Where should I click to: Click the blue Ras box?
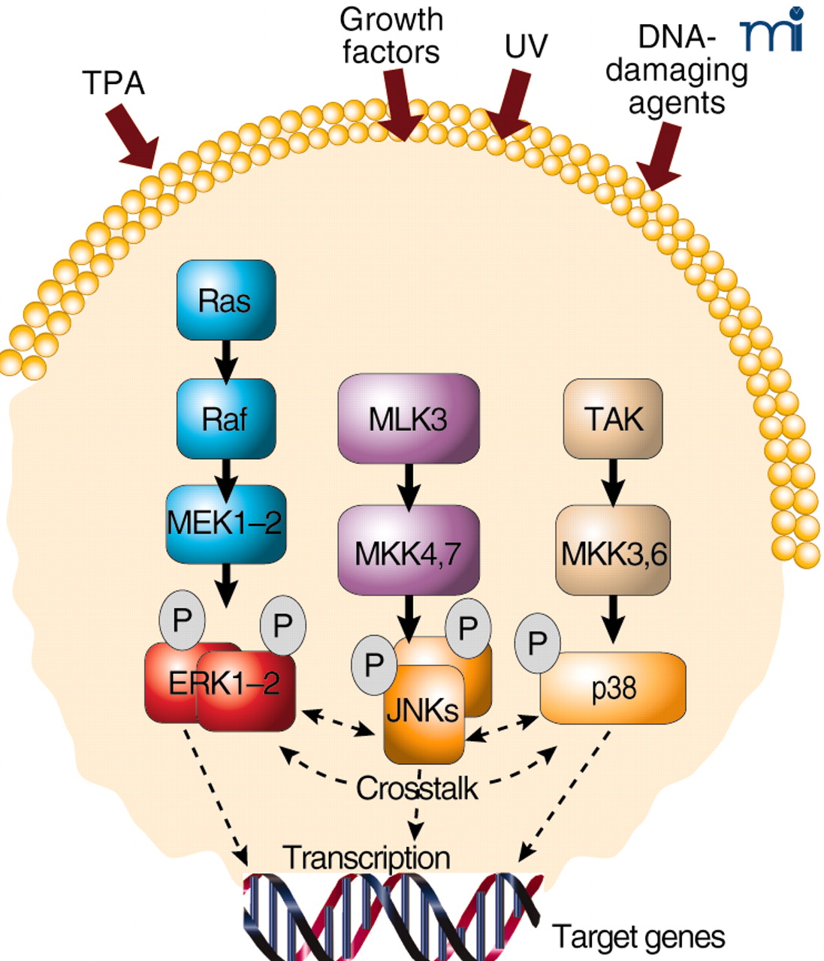(225, 300)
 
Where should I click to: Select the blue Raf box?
(225, 418)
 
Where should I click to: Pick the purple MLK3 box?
(408, 418)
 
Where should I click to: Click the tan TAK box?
(613, 418)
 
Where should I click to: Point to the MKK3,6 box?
(613, 553)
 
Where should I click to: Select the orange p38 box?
(613, 687)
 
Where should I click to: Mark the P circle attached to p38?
(537, 643)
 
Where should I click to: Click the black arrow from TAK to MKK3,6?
(613, 481)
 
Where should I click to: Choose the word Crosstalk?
(417, 788)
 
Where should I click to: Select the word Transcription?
(367, 857)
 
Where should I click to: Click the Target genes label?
(638, 936)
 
